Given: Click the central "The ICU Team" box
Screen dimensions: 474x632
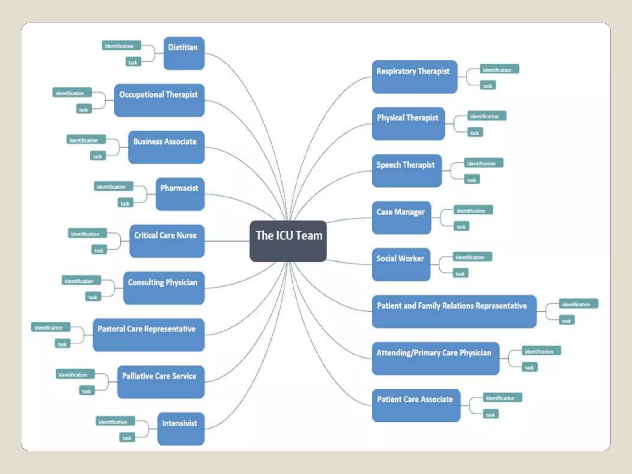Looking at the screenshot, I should point(288,241).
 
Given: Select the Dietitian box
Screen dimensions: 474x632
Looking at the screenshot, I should point(184,53).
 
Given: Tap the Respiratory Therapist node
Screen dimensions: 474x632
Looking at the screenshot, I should point(414,77).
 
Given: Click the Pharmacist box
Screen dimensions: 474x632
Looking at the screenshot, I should point(180,194).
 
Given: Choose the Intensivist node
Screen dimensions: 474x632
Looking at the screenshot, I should point(181,429).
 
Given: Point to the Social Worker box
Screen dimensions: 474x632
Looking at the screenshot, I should point(401,264).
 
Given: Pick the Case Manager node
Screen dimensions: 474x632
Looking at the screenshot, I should point(401,218).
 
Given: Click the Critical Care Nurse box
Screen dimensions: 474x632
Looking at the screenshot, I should point(167,241).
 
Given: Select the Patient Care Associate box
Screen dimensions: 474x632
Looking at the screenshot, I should point(416,405).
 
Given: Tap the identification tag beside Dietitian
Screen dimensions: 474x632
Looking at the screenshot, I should point(121,46).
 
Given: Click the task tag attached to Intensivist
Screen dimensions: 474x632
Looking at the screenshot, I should point(127,438).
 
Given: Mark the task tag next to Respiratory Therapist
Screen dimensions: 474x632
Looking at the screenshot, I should point(488,85).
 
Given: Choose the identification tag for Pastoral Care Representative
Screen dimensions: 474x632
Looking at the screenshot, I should point(51,327).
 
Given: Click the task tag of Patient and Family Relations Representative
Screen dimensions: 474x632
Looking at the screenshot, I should point(567,321).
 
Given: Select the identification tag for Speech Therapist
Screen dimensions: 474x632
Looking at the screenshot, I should point(484,163).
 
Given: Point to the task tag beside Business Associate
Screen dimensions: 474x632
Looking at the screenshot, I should point(98,156).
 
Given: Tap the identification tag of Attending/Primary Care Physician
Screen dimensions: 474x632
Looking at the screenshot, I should point(541,351).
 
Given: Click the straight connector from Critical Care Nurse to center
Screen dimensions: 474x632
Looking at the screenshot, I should point(227,241).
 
